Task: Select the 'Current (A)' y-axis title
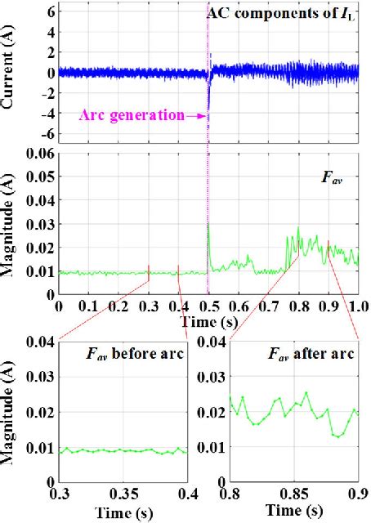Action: click(x=10, y=73)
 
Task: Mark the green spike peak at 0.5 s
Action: click(x=208, y=223)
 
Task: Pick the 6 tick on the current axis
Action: click(x=49, y=11)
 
